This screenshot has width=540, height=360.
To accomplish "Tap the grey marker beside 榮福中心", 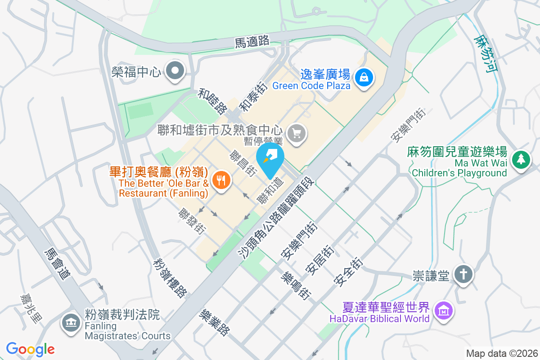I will pos(174,71).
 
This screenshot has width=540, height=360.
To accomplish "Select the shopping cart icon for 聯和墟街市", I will pos(297,133).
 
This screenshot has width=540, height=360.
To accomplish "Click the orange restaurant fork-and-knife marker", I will pos(220,181).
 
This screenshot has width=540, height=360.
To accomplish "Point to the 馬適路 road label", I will pos(252,42).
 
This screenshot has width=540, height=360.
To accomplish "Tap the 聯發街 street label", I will pos(192,221).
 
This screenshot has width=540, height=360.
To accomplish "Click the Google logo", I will pos(30,349).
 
